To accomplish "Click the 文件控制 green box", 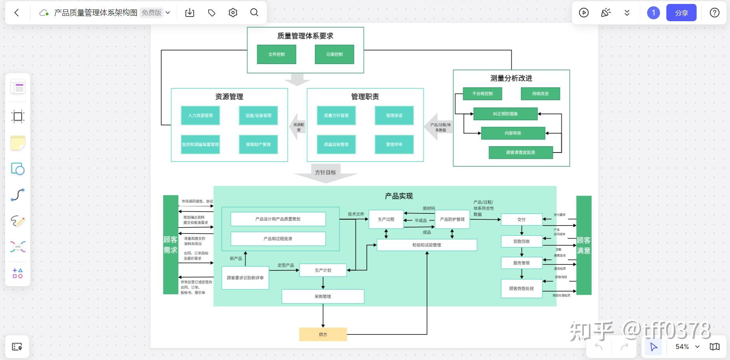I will tap(276, 54).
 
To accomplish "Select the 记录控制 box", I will tap(334, 54).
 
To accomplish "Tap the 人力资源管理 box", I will tap(200, 116).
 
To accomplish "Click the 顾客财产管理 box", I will tap(258, 144).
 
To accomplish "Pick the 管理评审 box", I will tap(394, 144).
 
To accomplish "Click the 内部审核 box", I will tap(513, 133).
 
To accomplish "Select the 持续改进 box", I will tap(540, 94).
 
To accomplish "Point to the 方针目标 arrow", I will tap(325, 173).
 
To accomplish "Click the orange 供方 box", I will tap(323, 334).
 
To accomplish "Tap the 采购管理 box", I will tap(323, 296).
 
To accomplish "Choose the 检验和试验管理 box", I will tap(427, 245).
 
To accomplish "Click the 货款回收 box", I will tap(521, 241).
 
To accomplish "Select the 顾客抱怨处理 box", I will tap(521, 288).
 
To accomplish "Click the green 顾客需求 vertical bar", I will tap(171, 244).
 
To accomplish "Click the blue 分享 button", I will tap(681, 13).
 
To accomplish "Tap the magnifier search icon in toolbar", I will tap(254, 13).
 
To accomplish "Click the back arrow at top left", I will tap(17, 13).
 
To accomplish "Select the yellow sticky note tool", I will tap(18, 143).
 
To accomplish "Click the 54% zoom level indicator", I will tap(682, 347).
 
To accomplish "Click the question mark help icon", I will tap(714, 13).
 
